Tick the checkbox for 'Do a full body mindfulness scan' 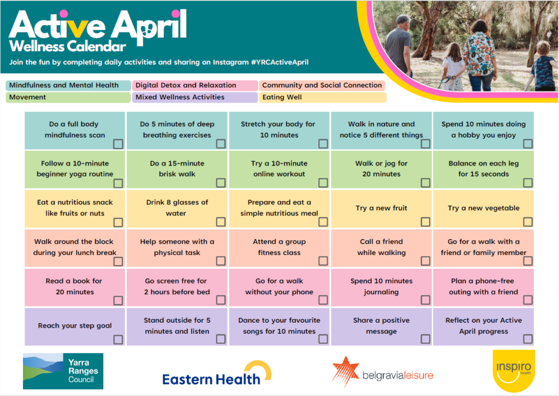pyautogui.click(x=118, y=144)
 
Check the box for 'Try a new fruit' pyautogui.click(x=425, y=222)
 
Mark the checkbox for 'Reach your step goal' pyautogui.click(x=118, y=339)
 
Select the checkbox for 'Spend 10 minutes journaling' pyautogui.click(x=425, y=300)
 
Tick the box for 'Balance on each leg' pyautogui.click(x=528, y=182)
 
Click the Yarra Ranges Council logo pyautogui.click(x=63, y=371)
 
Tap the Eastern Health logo pyautogui.click(x=216, y=374)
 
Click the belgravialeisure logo pyautogui.click(x=383, y=372)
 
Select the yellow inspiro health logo pyautogui.click(x=514, y=371)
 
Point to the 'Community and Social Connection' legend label pyautogui.click(x=322, y=85)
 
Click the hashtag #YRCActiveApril pyautogui.click(x=280, y=62)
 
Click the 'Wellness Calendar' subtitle pyautogui.click(x=68, y=46)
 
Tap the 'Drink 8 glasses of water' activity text pyautogui.click(x=177, y=208)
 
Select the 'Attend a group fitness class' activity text pyautogui.click(x=279, y=247)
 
